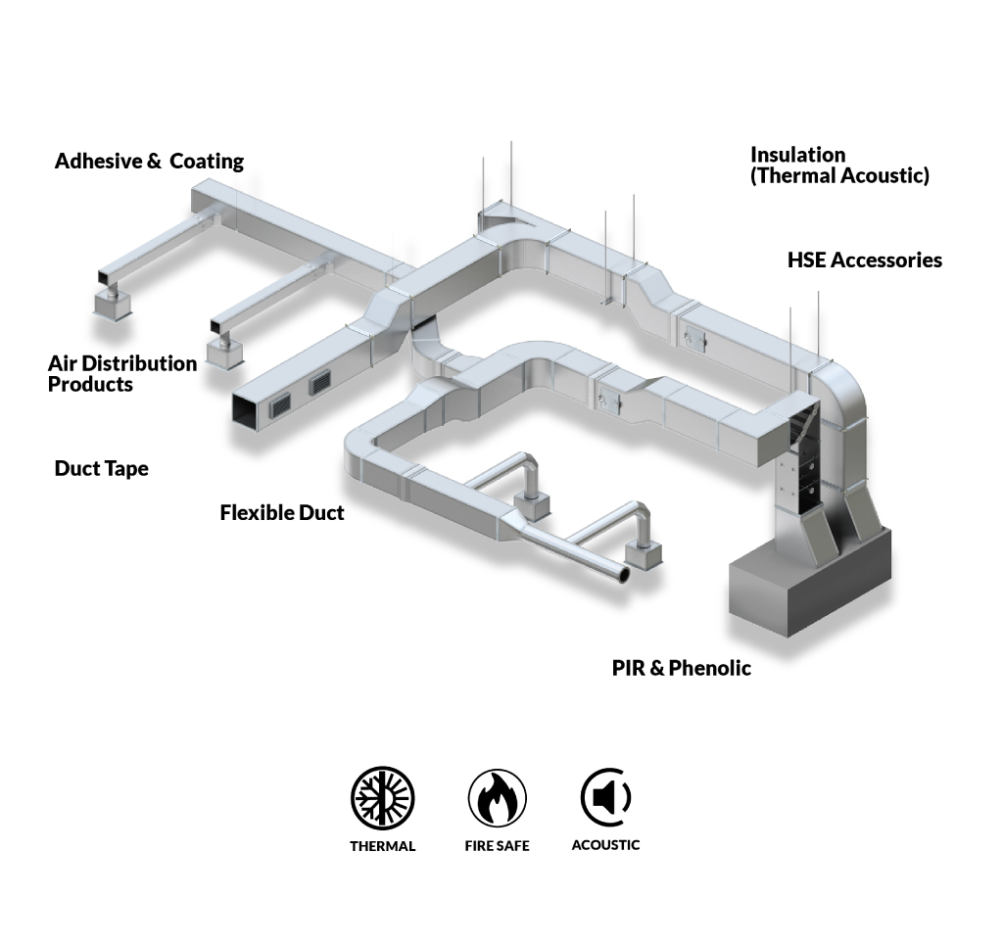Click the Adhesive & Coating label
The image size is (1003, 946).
[149, 162]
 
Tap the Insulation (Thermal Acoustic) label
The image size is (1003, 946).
[839, 166]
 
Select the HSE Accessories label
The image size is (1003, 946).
[865, 260]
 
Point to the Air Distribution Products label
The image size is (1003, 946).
[122, 373]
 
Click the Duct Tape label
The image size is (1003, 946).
[101, 469]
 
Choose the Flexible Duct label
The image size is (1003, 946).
[281, 512]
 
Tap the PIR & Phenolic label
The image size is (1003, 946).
[682, 668]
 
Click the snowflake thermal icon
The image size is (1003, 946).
[383, 797]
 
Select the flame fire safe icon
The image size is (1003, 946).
[497, 797]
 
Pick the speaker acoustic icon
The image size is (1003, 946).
[605, 797]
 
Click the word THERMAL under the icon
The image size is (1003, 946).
[383, 846]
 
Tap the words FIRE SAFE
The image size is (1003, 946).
[497, 846]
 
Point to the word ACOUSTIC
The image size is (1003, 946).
[605, 845]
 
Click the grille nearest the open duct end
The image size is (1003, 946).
[280, 404]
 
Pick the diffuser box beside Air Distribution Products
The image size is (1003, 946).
[224, 355]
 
